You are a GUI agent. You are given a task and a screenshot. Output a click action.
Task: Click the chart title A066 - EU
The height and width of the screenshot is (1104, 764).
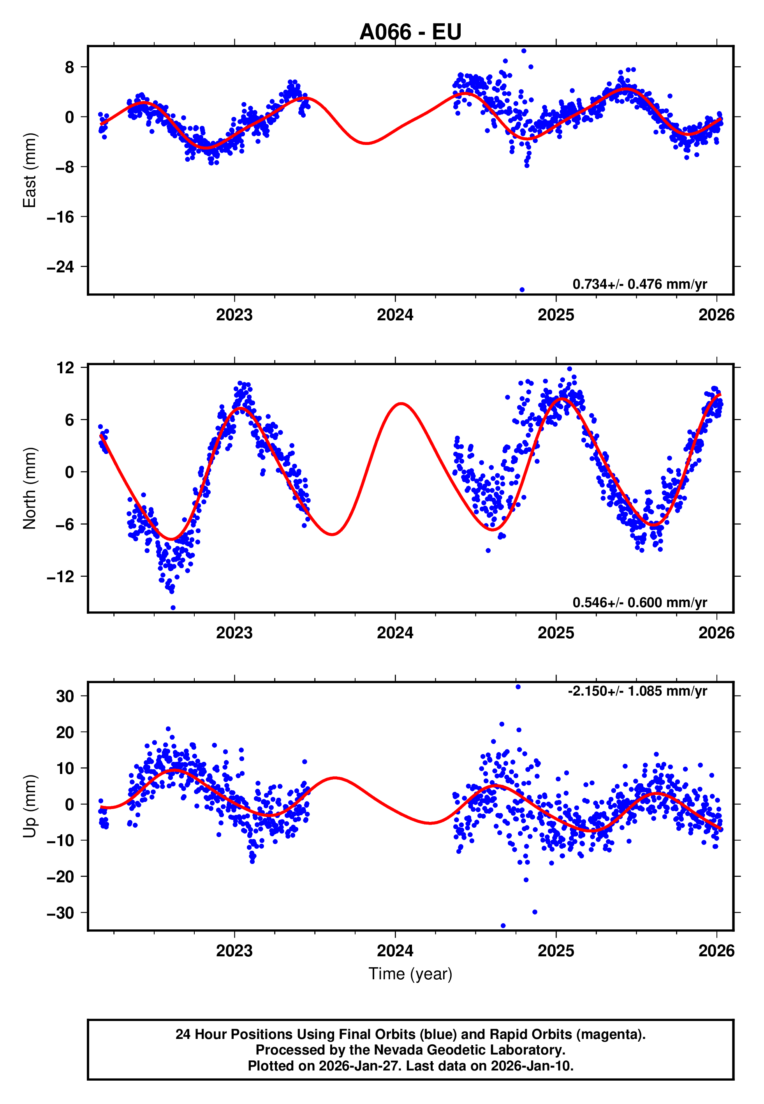point(410,32)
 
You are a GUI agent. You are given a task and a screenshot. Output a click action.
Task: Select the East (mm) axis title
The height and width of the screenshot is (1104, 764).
point(30,171)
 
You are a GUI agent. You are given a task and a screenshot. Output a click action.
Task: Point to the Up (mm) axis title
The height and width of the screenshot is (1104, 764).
point(30,806)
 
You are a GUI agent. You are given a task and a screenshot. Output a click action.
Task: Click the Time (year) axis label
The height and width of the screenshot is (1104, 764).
point(410,974)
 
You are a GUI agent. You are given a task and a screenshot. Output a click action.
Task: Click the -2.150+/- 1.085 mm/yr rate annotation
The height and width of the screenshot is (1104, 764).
point(637,691)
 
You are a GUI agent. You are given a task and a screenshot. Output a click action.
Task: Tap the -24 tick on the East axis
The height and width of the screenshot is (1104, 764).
point(60,267)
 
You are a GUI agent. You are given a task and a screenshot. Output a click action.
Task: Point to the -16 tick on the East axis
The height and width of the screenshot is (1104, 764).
point(60,217)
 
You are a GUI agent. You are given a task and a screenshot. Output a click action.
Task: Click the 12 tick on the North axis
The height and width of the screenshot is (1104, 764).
point(65,368)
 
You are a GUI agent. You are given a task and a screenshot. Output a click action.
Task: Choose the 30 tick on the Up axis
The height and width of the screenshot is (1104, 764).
point(65,696)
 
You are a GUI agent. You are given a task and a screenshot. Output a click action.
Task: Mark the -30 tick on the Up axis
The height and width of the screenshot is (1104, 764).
point(60,913)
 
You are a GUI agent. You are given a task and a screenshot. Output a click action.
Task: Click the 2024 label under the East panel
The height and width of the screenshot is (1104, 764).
point(395,314)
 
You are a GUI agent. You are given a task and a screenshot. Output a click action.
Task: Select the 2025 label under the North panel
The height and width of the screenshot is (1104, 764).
point(556,633)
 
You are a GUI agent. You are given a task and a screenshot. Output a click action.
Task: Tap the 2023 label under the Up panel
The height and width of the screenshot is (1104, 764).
point(234,951)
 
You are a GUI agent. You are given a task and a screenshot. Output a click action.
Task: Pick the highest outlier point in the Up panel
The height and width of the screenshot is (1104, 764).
point(518,687)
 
